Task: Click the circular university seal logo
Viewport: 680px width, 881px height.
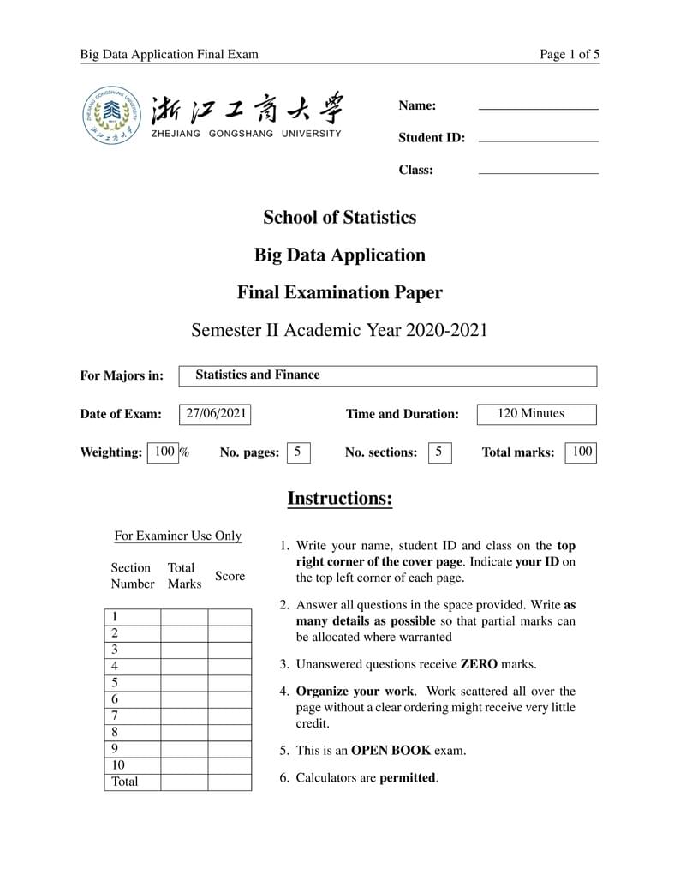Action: point(113,116)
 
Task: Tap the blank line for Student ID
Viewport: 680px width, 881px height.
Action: point(538,141)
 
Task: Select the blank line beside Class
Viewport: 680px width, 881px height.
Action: point(538,173)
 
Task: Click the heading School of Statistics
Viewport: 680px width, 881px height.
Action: point(339,218)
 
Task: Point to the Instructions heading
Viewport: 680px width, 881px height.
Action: point(339,499)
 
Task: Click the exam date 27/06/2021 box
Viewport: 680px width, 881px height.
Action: point(216,414)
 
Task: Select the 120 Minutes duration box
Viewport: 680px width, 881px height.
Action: point(535,414)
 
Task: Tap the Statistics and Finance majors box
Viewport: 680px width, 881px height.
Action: point(387,375)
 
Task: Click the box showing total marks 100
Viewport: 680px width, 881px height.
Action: point(581,452)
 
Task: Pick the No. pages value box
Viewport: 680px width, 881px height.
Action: point(297,452)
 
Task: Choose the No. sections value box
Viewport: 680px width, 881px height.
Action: point(438,452)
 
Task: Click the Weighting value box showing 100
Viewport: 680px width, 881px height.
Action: point(164,452)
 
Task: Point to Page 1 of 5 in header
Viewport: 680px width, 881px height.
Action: point(569,55)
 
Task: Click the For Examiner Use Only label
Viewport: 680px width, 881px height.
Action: point(178,536)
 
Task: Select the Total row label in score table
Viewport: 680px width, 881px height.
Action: point(124,782)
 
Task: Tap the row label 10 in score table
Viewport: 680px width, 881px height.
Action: point(118,765)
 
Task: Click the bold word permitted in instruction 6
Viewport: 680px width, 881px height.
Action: point(408,778)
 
